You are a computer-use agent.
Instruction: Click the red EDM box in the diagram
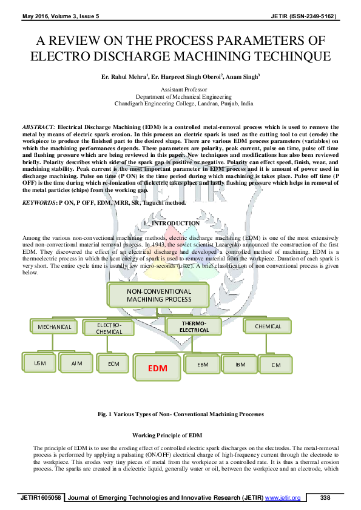pyautogui.click(x=157, y=368)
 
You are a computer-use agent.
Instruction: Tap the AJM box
pyautogui.click(x=76, y=363)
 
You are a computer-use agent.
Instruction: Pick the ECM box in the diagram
pyautogui.click(x=113, y=363)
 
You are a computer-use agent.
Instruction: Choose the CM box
pyautogui.click(x=276, y=365)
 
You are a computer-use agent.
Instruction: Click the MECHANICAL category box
pyautogui.click(x=54, y=326)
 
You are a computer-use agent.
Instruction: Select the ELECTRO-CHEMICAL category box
pyautogui.click(x=109, y=328)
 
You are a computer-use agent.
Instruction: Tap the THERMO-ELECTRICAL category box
pyautogui.click(x=194, y=326)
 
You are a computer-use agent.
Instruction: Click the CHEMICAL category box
pyautogui.click(x=268, y=326)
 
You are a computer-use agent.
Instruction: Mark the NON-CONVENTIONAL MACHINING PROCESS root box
pyautogui.click(x=158, y=295)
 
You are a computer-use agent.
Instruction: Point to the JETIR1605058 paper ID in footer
pyautogui.click(x=41, y=498)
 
